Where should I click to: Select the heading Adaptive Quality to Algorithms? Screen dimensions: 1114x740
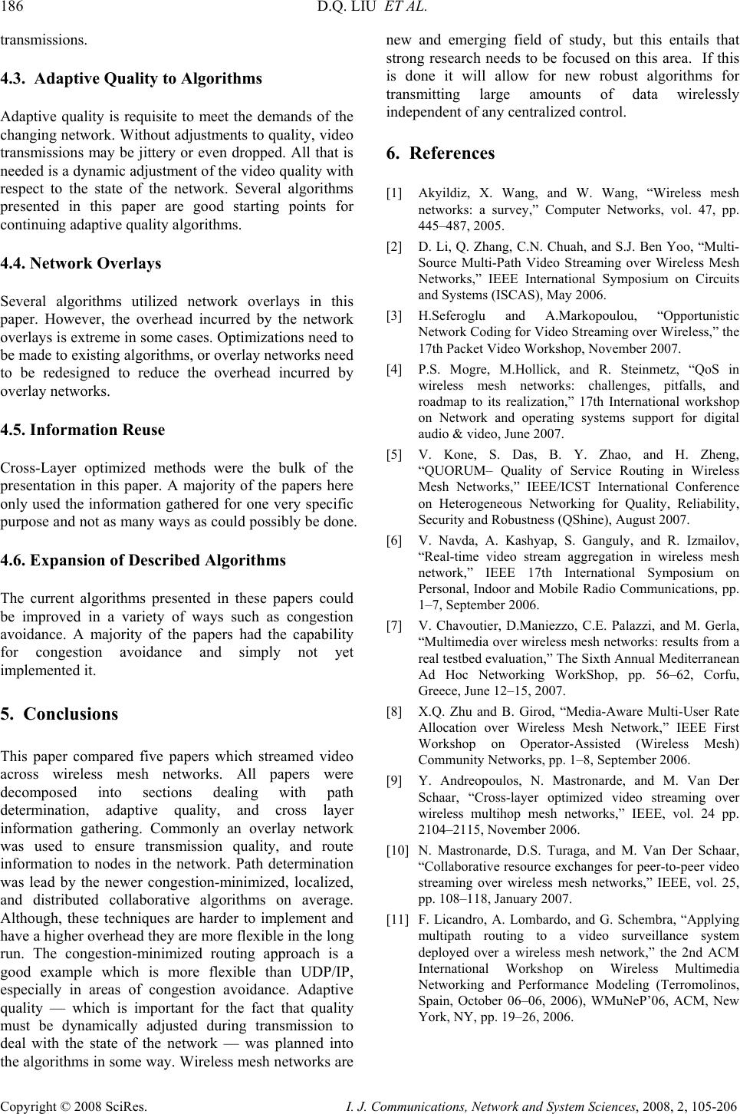pyautogui.click(x=148, y=78)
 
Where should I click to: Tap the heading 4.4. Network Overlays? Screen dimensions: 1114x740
pyautogui.click(x=81, y=263)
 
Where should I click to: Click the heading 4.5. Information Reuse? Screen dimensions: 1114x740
pyautogui.click(x=82, y=430)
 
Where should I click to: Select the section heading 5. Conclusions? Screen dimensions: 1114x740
pyautogui.click(x=59, y=714)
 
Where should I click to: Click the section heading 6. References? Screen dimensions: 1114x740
pyautogui.click(x=441, y=153)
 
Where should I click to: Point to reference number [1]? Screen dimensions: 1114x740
pyautogui.click(x=394, y=193)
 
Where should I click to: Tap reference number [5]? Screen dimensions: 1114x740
pyautogui.click(x=394, y=454)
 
